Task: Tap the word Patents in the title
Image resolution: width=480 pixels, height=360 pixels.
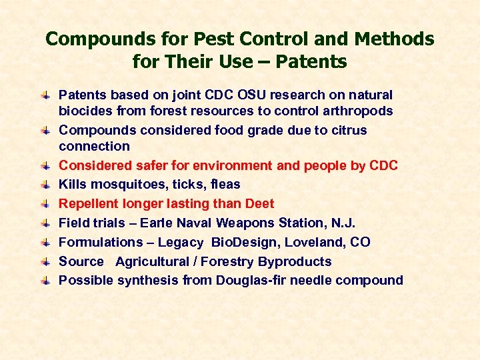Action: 311,63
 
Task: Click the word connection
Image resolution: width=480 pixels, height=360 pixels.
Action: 94,146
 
